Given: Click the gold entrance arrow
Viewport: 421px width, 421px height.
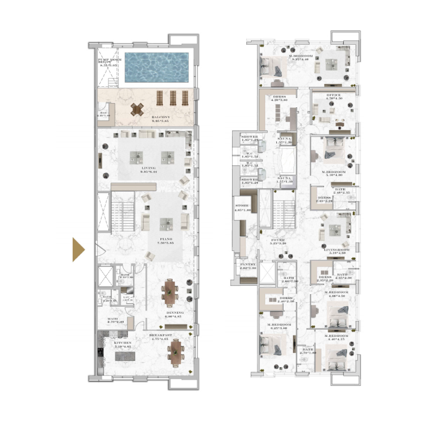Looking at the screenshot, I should pyautogui.click(x=78, y=249).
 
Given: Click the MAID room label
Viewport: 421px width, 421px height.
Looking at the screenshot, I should pyautogui.click(x=112, y=318).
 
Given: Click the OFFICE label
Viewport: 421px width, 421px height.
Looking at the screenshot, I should pyautogui.click(x=334, y=96).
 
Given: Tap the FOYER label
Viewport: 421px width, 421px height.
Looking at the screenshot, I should pyautogui.click(x=278, y=240).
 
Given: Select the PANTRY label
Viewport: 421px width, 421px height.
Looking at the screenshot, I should pyautogui.click(x=247, y=265).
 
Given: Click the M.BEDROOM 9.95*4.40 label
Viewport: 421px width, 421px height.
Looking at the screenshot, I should pyautogui.click(x=300, y=57).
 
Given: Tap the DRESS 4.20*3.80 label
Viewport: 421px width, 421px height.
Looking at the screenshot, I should pyautogui.click(x=279, y=98).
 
